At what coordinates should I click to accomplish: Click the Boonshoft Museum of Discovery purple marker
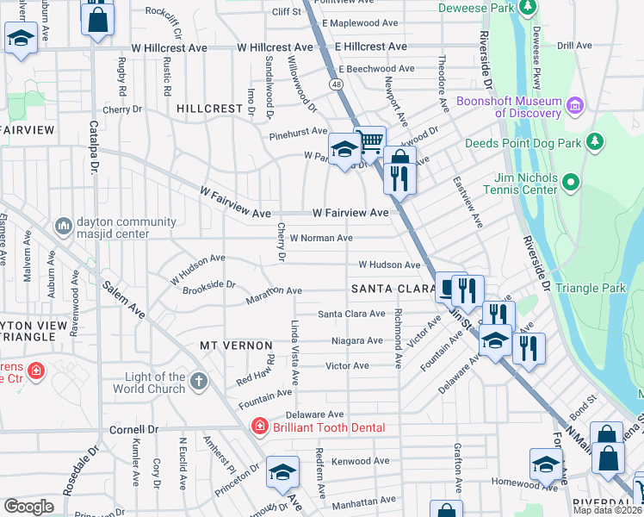(x=575, y=107)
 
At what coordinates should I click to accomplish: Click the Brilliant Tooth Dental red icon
(x=258, y=427)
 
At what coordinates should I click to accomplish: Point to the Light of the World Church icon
(x=199, y=380)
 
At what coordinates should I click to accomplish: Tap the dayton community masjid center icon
(x=63, y=226)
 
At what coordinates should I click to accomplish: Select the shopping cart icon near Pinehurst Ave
(x=370, y=139)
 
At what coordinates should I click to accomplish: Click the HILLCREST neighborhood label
(x=211, y=109)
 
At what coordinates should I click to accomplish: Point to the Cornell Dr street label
(x=134, y=428)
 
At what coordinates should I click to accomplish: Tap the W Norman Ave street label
(x=321, y=238)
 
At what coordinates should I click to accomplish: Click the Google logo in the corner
(x=28, y=506)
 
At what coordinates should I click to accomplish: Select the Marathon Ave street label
(x=274, y=295)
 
